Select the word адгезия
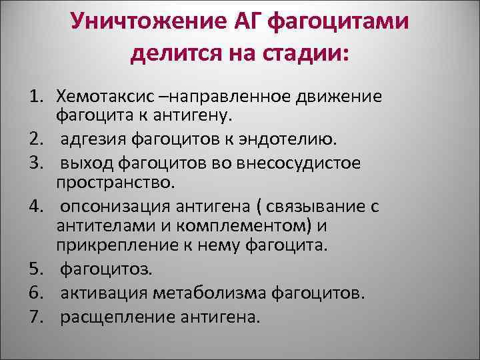coord(94,139)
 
